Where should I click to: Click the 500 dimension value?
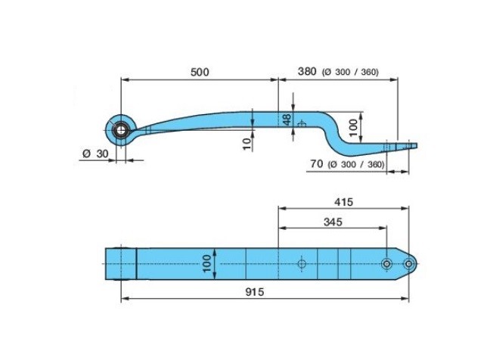(199, 72)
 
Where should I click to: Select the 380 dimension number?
(306, 72)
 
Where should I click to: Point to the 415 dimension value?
(343, 202)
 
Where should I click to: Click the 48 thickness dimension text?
(287, 119)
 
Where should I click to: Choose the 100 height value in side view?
(353, 127)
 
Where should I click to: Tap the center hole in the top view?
(301, 263)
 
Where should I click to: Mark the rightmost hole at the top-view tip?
(408, 263)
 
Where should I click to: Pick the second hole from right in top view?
(386, 263)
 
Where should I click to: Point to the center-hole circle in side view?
(301, 123)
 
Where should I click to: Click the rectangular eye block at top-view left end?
(121, 263)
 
